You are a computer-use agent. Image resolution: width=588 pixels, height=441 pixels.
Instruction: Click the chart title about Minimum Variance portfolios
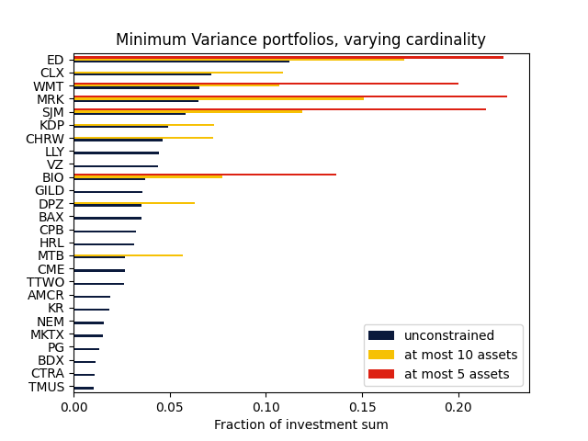tap(300, 40)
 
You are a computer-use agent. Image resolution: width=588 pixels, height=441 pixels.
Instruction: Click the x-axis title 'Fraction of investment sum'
tap(300, 424)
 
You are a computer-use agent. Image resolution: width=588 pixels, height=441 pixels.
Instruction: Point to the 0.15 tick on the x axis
tap(362, 405)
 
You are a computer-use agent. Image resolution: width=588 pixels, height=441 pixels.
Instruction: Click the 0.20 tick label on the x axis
tap(458, 405)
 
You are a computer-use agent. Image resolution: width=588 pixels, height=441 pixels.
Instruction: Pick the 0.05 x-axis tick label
tap(170, 405)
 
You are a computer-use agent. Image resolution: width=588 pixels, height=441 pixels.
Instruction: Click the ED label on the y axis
tap(55, 60)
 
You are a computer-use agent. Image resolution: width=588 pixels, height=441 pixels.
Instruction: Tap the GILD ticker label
tap(50, 191)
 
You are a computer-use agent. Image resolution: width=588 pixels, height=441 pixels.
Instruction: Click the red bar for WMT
tap(266, 84)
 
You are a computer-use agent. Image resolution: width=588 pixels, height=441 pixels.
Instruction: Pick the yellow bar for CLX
tap(178, 72)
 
